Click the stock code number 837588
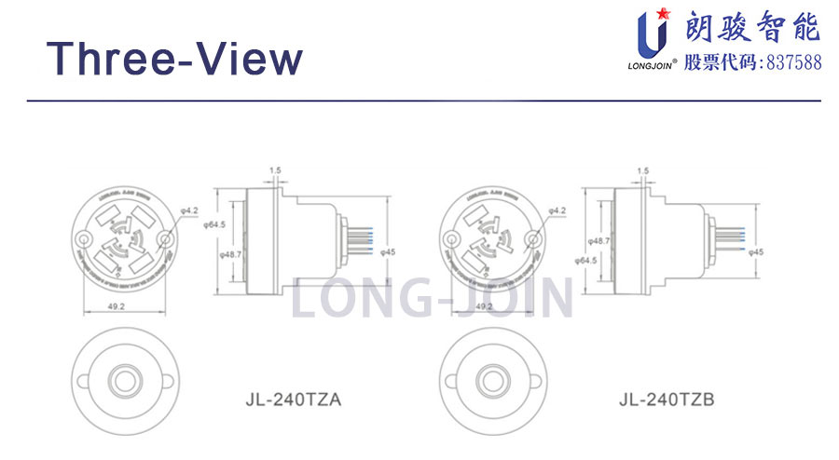(792, 62)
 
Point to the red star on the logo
(664, 13)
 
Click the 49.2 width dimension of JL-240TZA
(118, 304)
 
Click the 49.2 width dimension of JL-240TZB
(484, 304)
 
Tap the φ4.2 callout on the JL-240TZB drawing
(557, 211)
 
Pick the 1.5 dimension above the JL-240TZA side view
(274, 170)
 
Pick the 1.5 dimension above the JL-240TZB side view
(642, 170)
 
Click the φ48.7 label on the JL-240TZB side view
(599, 240)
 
